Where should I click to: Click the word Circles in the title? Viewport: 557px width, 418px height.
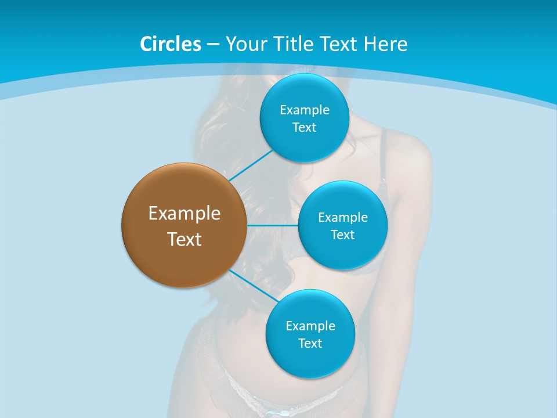171,44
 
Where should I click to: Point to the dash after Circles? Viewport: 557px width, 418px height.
213,45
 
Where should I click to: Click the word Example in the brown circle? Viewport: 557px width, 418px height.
185,214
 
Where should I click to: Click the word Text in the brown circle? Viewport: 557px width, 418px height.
185,239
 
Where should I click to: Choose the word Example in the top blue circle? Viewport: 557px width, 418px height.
305,110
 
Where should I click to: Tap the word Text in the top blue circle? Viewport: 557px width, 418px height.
305,128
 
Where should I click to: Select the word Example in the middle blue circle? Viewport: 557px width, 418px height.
343,218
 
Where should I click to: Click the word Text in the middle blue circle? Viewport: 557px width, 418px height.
343,235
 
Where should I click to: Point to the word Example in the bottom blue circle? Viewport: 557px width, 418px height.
310,326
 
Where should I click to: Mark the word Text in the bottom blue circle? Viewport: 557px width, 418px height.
310,344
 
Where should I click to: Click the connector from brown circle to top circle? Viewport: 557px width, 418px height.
251,165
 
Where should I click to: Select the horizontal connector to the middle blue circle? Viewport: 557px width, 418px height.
273,225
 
